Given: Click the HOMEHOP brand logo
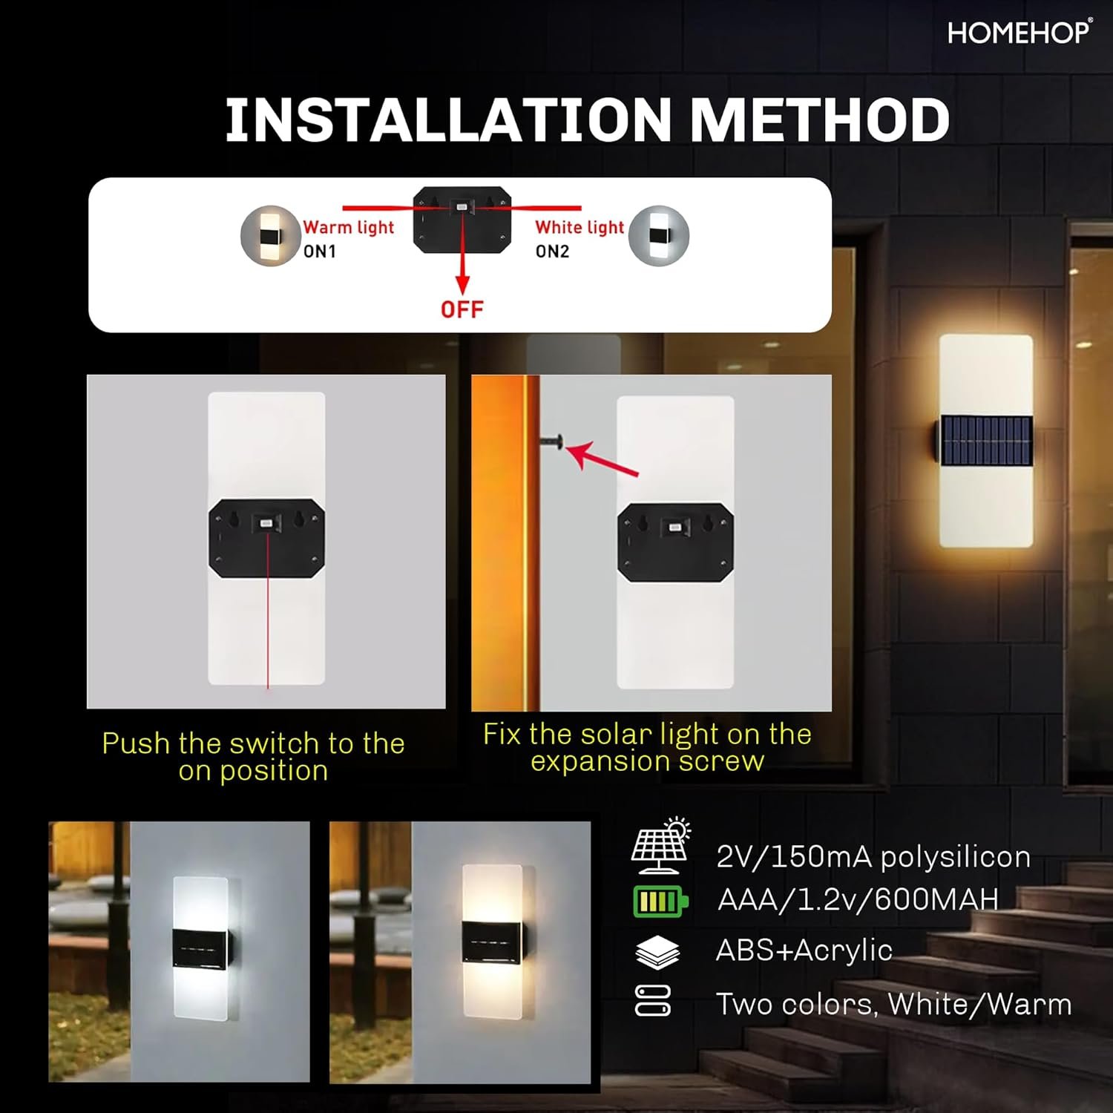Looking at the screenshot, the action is [x=1020, y=33].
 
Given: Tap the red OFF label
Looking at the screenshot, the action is [x=462, y=309].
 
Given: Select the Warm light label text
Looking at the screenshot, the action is [x=349, y=227].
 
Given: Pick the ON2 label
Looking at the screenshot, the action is [x=553, y=252].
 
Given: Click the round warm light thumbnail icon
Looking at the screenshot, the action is [x=271, y=236].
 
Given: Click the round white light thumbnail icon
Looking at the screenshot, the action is [x=659, y=236].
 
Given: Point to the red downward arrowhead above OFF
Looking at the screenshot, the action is [x=462, y=285].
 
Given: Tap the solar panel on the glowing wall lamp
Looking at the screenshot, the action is [x=987, y=441].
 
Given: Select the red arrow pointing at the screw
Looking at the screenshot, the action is [x=603, y=459].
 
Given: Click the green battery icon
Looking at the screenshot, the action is [x=660, y=902].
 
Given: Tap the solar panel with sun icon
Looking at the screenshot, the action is [x=661, y=845].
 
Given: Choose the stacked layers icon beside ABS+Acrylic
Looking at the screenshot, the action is [x=657, y=952].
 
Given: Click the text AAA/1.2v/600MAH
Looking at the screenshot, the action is [x=858, y=899].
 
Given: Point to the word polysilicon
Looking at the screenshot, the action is [x=956, y=858].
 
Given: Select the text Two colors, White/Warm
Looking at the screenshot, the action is [x=894, y=1004].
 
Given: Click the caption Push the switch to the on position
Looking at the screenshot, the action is [x=254, y=757].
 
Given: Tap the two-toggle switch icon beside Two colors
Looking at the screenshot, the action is [x=653, y=1000].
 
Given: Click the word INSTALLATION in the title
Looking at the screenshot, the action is [x=448, y=119].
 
